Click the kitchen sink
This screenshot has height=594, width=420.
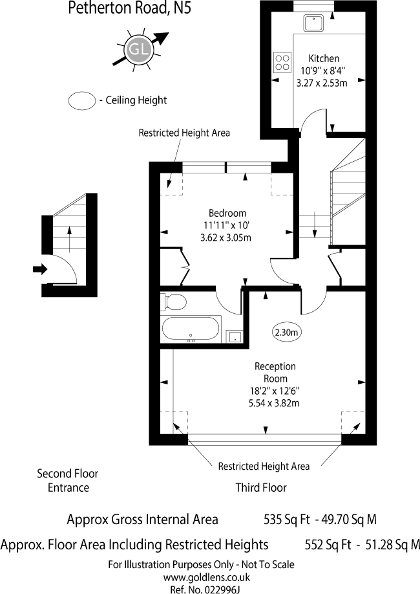pos(313,23)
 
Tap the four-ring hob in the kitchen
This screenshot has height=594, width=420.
pos(282,62)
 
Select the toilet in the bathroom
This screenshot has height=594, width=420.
pos(174,301)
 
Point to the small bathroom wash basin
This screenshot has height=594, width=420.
pos(235,336)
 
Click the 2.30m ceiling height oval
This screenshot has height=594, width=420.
pos(287,333)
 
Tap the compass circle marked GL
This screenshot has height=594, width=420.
pos(137,49)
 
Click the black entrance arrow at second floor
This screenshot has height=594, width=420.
pos(40,269)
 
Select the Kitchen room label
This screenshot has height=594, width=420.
pos(324,58)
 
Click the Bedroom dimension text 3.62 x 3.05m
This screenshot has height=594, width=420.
pos(226,237)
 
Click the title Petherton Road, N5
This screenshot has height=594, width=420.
pos(129,9)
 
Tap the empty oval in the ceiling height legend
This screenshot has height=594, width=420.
pos(81,100)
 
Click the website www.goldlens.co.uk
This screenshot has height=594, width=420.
pos(206,577)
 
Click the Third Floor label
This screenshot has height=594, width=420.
pos(260,487)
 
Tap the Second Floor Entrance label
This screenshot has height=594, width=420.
pos(68,481)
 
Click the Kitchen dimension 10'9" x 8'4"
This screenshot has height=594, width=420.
pos(321,71)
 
